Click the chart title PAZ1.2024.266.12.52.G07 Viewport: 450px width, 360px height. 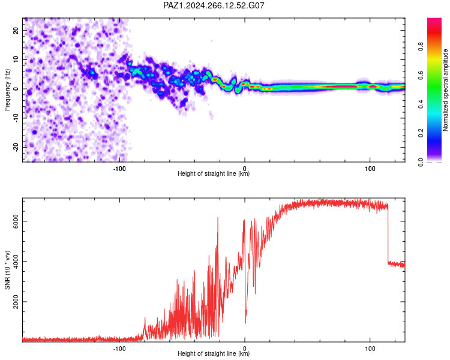214,5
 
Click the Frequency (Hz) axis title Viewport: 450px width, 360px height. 7,90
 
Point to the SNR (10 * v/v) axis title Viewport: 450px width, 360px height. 7,270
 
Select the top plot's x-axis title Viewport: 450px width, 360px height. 214,173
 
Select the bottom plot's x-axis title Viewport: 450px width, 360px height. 214,353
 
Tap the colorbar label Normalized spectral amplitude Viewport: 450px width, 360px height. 445,90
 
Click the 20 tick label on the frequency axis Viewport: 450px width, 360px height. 16,31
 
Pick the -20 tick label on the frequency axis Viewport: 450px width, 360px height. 16,148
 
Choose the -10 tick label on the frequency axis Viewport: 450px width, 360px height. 16,118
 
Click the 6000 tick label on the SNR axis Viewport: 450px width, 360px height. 16,221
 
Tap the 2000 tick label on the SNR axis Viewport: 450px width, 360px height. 16,302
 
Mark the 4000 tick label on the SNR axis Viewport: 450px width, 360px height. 16,262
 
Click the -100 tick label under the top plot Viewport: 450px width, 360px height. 119,169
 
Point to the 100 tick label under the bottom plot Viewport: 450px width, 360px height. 370,349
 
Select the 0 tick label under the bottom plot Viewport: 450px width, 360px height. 245,349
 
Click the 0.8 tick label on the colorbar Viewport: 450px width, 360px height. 421,46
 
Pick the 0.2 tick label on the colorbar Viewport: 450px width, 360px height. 421,133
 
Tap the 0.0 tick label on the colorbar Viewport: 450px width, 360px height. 421,162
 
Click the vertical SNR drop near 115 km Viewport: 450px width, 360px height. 388,234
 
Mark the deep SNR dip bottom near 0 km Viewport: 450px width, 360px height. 245,323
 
